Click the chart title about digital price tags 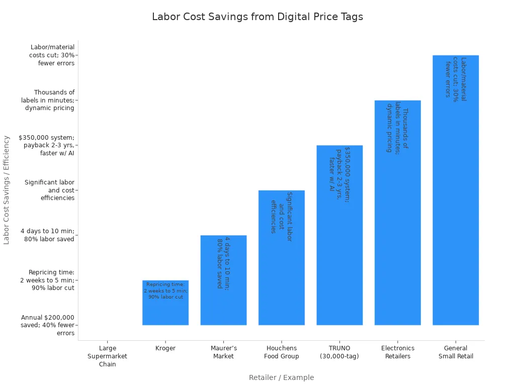click(x=257, y=17)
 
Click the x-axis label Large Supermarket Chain click(x=108, y=356)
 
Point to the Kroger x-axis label click(x=165, y=348)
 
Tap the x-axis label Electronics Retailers click(x=397, y=352)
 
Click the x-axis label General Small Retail click(x=456, y=352)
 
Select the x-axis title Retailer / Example click(x=281, y=377)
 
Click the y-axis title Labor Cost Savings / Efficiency click(x=7, y=190)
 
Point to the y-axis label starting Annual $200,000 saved click(x=48, y=325)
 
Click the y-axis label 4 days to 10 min click(x=48, y=235)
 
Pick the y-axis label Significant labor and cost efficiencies click(x=50, y=190)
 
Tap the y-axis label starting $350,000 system click(x=46, y=145)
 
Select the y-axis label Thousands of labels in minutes click(x=48, y=100)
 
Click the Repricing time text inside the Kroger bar click(x=165, y=291)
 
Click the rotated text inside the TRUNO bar click(x=339, y=174)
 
